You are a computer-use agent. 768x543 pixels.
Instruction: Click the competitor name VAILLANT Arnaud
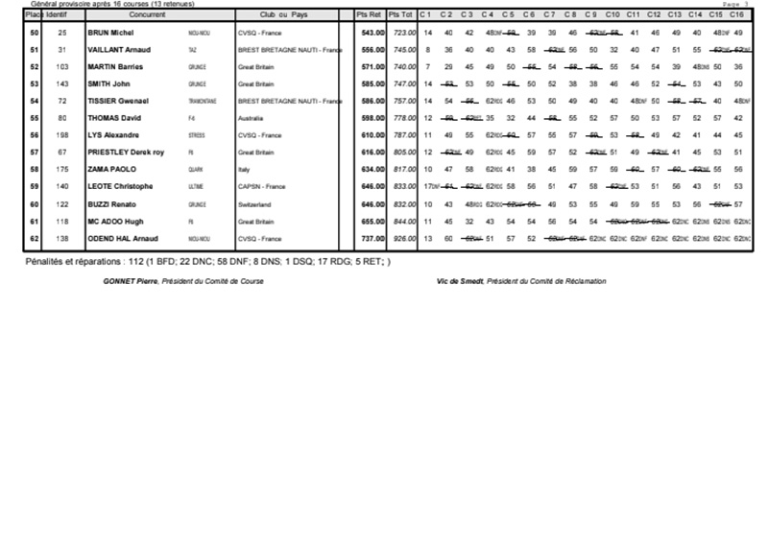[x=119, y=50]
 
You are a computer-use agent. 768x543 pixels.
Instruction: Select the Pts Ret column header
[x=369, y=16]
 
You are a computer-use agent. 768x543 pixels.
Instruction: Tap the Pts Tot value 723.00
[x=404, y=33]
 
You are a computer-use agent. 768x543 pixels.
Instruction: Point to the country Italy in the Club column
[x=244, y=170]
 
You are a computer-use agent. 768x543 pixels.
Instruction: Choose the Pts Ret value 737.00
[x=372, y=238]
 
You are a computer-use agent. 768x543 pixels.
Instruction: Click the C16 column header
[x=737, y=16]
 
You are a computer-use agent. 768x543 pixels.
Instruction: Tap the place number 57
[x=35, y=153]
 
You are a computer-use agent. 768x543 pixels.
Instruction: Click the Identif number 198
[x=62, y=135]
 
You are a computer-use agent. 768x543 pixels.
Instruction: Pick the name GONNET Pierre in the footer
[x=131, y=281]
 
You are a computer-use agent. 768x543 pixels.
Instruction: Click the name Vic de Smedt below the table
[x=459, y=281]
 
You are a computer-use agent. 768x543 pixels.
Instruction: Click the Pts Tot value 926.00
[x=404, y=238]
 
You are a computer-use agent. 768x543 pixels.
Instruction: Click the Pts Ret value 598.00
[x=372, y=118]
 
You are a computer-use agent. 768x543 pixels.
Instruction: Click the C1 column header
[x=426, y=16]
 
